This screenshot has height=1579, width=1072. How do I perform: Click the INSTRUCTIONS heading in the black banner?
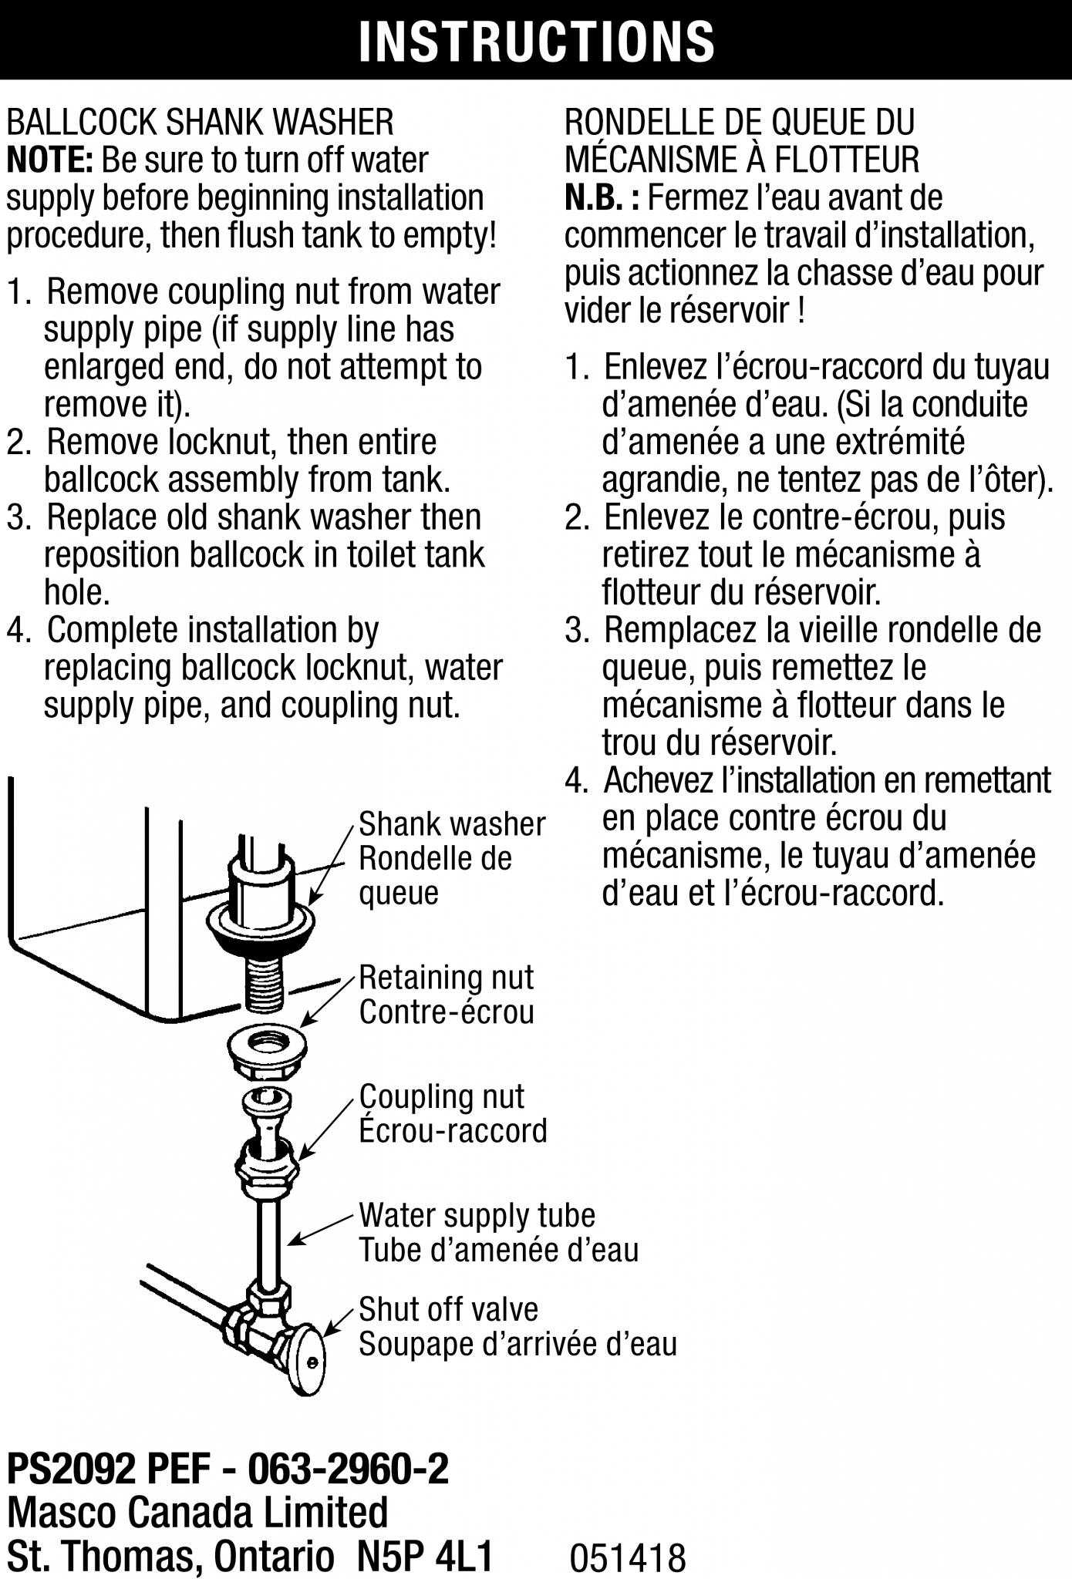pos(536,40)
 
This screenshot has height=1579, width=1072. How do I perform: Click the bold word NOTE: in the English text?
pos(49,160)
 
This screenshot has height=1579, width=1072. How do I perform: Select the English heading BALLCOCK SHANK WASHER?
pos(200,123)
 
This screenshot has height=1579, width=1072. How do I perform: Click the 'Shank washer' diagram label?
pos(452,824)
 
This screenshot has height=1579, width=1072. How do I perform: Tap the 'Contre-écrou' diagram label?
pos(447,1012)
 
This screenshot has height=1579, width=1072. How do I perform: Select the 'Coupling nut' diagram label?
pos(441,1096)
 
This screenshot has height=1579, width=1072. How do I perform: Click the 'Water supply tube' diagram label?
pos(477,1216)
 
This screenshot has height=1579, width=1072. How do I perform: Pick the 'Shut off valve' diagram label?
pos(448,1309)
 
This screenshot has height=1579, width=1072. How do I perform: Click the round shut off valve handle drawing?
pos(308,1361)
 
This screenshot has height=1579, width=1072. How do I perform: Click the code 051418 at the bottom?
pos(627,1557)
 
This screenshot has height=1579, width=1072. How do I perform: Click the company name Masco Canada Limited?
pos(197,1513)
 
